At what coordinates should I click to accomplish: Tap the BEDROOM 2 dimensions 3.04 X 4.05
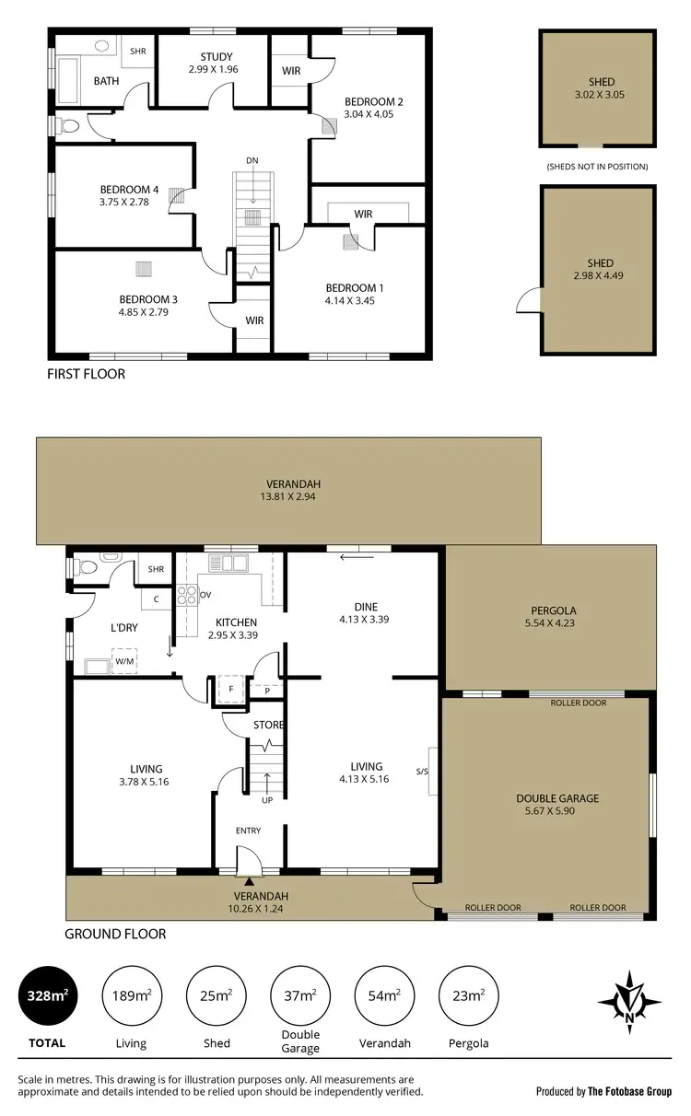(374, 115)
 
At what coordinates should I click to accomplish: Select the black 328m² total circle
(47, 994)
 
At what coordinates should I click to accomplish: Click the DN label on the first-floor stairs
(252, 160)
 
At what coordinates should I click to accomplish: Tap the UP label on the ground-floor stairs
(268, 799)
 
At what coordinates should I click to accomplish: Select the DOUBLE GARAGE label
(557, 798)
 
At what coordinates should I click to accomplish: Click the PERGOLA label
(554, 610)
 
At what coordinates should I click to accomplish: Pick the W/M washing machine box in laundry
(123, 661)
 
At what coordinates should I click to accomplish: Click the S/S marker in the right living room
(422, 772)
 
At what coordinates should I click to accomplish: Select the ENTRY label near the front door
(248, 831)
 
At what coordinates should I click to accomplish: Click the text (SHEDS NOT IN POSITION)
(597, 167)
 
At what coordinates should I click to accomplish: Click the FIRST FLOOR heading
(86, 375)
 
